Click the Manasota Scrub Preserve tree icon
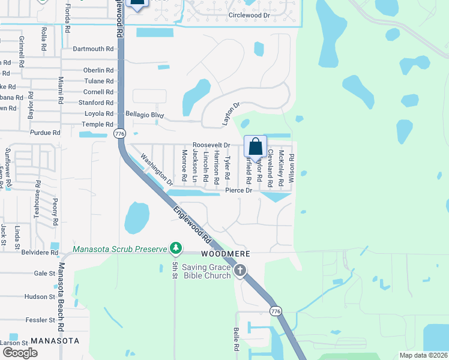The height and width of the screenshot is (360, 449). (175, 248)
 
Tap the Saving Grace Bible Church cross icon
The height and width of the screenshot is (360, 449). (240, 271)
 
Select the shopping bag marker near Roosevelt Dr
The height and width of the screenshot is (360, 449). (255, 146)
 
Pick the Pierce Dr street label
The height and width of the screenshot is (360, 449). (238, 190)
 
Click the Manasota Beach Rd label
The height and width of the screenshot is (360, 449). (61, 298)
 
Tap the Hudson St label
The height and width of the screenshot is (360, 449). (40, 296)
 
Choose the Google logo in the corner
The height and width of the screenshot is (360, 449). (20, 353)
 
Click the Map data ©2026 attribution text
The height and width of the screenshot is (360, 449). (422, 355)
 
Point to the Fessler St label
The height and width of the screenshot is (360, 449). (40, 320)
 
